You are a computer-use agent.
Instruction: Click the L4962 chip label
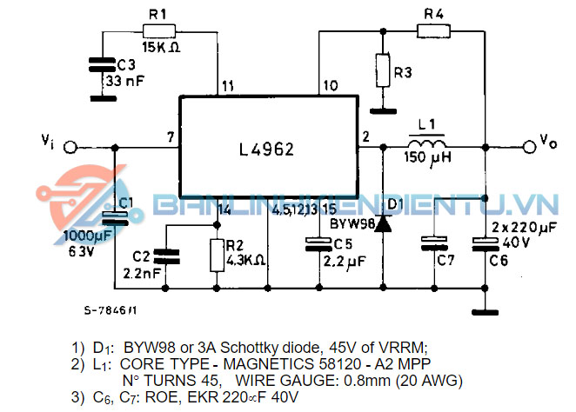(x=266, y=150)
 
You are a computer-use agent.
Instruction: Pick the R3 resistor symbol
(x=381, y=70)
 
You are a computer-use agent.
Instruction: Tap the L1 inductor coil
(x=426, y=143)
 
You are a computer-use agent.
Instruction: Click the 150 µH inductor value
(x=427, y=159)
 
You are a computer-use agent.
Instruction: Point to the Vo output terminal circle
(x=526, y=145)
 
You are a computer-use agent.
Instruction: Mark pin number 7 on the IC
(x=171, y=137)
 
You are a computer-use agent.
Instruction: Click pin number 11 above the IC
(x=227, y=85)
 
